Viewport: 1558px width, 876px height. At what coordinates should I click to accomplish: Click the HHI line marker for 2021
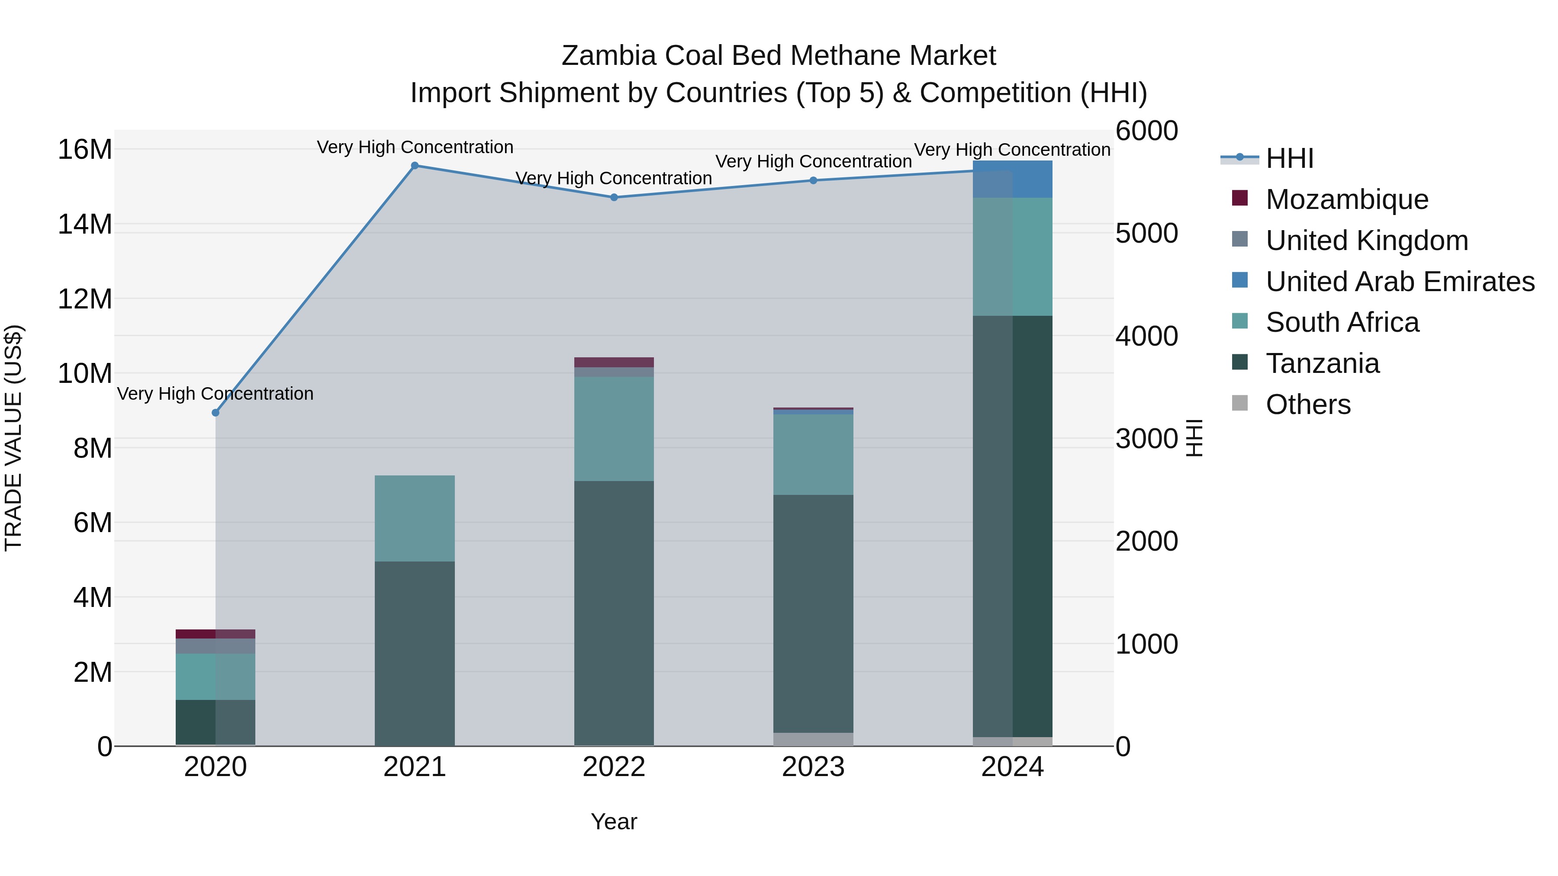point(415,166)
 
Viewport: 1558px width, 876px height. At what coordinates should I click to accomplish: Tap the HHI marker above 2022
point(614,197)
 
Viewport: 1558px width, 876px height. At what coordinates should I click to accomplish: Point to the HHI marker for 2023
point(814,180)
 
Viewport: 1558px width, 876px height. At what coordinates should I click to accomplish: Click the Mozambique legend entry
point(1347,199)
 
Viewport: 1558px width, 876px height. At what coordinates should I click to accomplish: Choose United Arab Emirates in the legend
point(1400,282)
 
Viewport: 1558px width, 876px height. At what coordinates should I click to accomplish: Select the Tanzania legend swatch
point(1240,363)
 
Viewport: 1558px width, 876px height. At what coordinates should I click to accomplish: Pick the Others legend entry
point(1307,404)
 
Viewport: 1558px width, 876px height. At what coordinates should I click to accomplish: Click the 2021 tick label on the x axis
point(415,767)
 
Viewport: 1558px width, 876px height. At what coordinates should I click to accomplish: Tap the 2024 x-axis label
point(1012,767)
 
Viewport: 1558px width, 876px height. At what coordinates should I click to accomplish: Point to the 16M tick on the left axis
point(85,149)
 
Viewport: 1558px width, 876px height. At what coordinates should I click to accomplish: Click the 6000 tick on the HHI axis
point(1147,131)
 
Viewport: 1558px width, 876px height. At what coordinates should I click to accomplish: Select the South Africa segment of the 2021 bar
point(415,518)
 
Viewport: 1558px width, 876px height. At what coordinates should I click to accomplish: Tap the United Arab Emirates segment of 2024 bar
point(1032,180)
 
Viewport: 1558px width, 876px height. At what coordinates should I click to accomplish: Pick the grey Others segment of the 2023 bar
point(814,739)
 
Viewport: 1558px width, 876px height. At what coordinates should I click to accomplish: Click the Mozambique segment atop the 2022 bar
point(614,362)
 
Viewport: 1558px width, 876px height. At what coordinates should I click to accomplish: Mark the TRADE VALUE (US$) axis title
point(13,438)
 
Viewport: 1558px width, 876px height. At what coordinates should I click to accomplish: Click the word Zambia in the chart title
point(608,56)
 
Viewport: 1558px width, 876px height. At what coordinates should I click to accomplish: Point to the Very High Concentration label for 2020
point(216,394)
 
